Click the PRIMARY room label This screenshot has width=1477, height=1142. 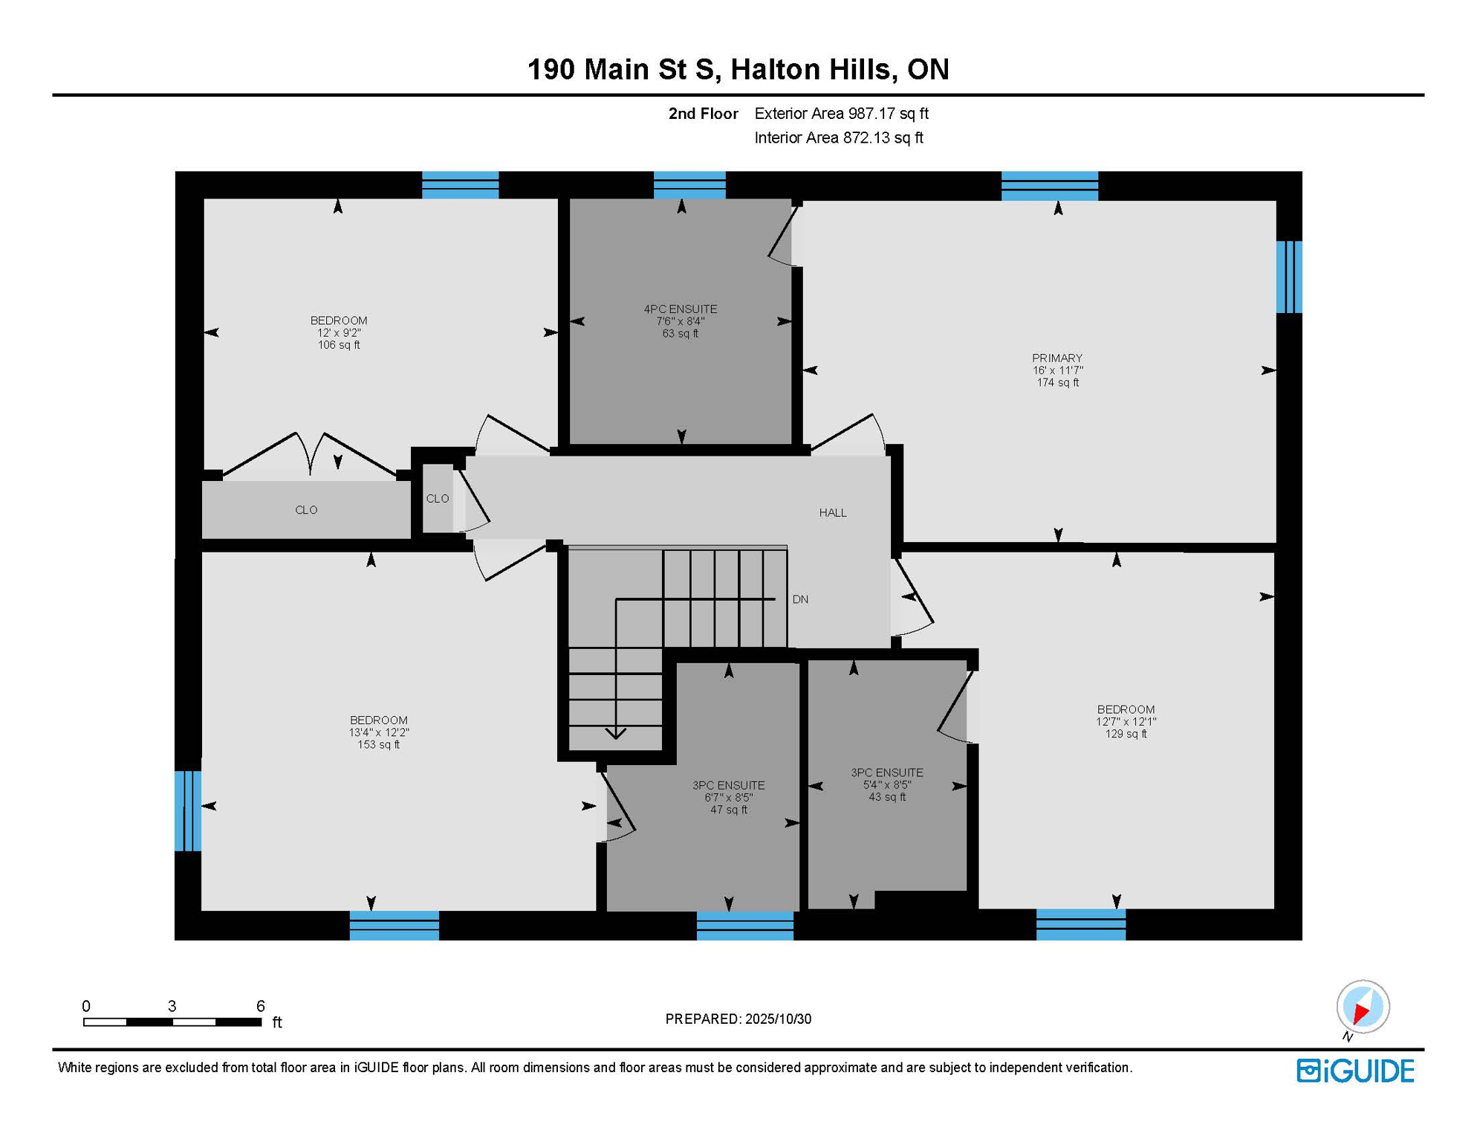tap(1056, 358)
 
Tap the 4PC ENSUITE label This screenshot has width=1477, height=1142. tap(680, 309)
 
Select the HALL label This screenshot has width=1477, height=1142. tap(832, 513)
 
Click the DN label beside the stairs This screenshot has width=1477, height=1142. tap(799, 599)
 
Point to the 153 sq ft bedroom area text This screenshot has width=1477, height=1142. tap(378, 745)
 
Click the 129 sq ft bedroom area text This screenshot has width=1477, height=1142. tap(1125, 735)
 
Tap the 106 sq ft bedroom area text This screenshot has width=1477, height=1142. tap(339, 345)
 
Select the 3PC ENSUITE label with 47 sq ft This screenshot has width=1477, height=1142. tap(728, 786)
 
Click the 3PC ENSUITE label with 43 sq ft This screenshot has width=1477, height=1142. tap(886, 773)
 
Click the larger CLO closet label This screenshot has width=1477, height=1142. tap(306, 510)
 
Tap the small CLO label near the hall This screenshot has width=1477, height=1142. tap(437, 499)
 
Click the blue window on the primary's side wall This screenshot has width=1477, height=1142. tap(1288, 277)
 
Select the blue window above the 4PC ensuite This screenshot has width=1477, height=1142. tap(689, 185)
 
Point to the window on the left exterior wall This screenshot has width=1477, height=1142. tap(187, 810)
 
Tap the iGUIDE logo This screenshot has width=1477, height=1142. tap(1354, 1071)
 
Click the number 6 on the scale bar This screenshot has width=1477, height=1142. tap(260, 1006)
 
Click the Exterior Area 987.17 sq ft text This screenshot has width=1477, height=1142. tap(841, 114)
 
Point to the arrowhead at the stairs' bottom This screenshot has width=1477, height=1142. tap(615, 735)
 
